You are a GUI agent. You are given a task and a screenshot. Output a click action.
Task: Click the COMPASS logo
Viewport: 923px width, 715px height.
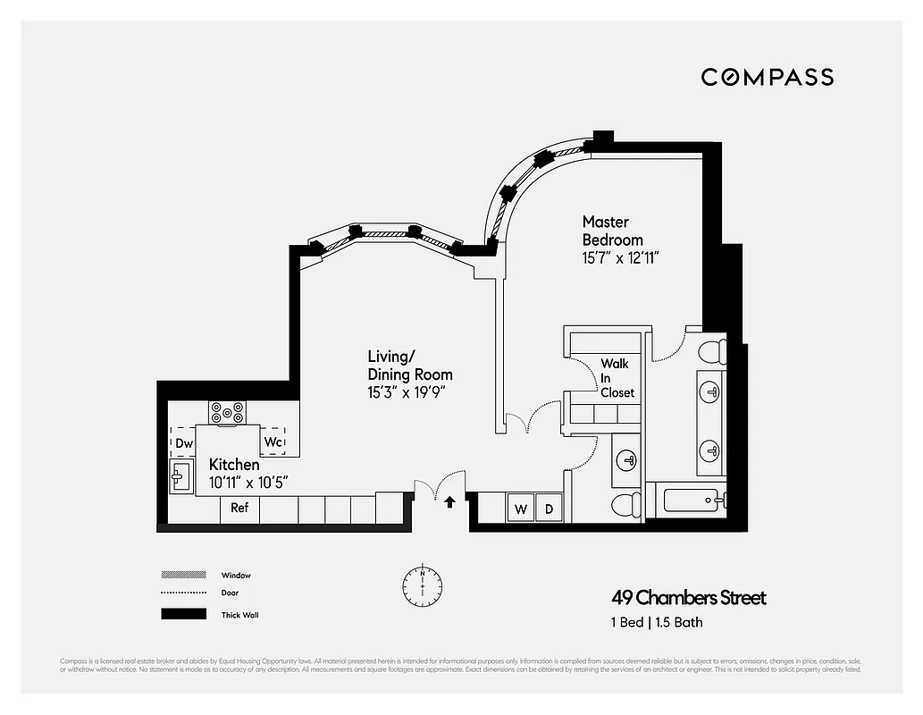(767, 77)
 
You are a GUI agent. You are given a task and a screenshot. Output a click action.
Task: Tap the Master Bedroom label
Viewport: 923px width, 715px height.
(612, 231)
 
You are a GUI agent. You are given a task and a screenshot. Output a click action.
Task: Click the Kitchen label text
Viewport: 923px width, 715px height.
(234, 465)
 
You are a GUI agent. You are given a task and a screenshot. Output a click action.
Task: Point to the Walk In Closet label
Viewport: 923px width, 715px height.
(616, 378)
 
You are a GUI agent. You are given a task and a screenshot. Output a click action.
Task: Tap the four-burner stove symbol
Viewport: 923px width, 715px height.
(227, 412)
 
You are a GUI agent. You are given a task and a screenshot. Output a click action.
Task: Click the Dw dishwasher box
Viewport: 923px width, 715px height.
(183, 442)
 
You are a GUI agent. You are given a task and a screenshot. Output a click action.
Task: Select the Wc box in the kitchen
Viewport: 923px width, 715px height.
(273, 442)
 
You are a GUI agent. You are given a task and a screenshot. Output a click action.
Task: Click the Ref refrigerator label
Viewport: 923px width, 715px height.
(239, 508)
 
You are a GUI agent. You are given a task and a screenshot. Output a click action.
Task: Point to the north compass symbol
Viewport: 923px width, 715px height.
(421, 583)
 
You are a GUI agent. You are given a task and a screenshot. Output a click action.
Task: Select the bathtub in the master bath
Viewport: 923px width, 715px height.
(694, 498)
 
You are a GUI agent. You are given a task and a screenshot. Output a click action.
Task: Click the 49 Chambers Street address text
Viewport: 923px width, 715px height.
(688, 598)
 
